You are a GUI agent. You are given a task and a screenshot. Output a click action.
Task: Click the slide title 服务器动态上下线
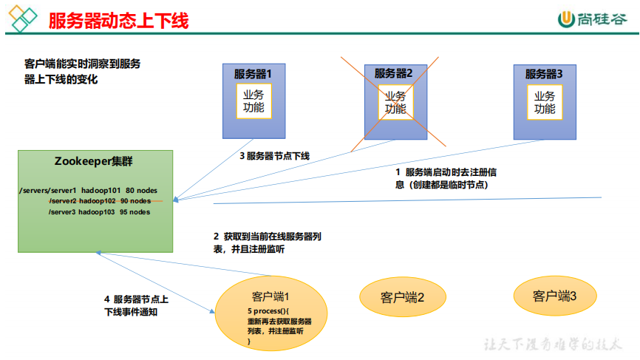click(x=118, y=20)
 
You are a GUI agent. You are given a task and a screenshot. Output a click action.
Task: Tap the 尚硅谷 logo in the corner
click(x=590, y=19)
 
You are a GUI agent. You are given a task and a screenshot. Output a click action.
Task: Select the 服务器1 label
click(x=253, y=74)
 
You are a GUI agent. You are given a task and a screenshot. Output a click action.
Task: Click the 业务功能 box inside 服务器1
click(x=253, y=102)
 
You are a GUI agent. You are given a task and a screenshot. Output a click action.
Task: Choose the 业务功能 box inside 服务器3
click(x=545, y=102)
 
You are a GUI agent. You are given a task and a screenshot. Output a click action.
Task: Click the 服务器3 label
click(x=544, y=74)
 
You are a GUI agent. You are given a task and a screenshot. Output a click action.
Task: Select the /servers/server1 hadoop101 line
click(x=88, y=191)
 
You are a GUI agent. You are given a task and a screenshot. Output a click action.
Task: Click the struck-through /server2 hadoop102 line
click(x=100, y=201)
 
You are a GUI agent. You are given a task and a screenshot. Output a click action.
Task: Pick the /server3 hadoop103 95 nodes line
click(x=99, y=211)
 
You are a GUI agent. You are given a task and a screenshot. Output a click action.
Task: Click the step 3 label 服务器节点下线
click(x=274, y=156)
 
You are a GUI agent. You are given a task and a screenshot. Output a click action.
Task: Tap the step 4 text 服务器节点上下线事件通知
click(x=137, y=305)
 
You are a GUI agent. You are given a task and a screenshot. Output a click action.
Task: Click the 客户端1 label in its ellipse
click(x=272, y=297)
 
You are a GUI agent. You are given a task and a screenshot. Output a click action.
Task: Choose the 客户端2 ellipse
click(x=403, y=297)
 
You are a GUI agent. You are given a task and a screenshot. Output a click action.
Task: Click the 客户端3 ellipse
click(x=554, y=296)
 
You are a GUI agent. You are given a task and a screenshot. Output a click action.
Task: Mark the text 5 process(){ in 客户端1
click(x=270, y=313)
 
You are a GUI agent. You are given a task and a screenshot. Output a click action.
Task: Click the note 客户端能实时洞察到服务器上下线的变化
click(x=82, y=72)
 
